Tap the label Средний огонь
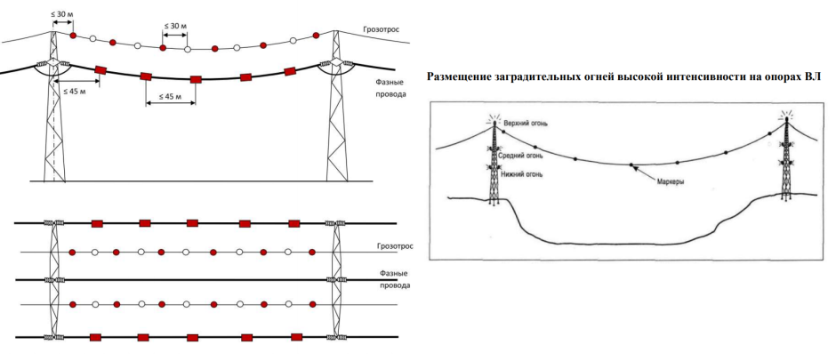tap(523, 155)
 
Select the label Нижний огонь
tap(523, 172)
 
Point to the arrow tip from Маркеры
tap(632, 165)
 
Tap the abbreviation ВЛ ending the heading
tap(811, 76)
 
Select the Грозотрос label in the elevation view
tap(380, 28)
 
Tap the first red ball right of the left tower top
tap(73, 36)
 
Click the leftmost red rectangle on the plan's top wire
tap(98, 222)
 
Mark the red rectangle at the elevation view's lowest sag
tap(195, 79)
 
